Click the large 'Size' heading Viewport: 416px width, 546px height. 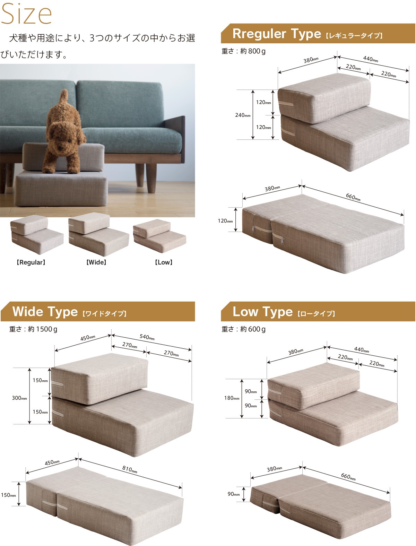tap(26, 14)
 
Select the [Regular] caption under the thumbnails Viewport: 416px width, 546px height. tap(31, 262)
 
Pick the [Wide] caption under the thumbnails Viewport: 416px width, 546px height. tap(96, 262)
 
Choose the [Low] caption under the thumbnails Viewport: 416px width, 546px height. tap(164, 262)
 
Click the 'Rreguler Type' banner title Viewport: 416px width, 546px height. tap(277, 34)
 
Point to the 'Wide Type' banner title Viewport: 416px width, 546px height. tap(45, 312)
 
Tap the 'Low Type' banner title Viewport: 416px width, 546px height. tap(262, 312)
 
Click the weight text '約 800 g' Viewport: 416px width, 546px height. tap(253, 51)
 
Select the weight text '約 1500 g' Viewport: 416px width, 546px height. tap(43, 329)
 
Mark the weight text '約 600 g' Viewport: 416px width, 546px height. tap(253, 329)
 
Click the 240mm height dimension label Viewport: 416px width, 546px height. tap(243, 115)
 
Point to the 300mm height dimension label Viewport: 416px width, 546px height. tap(19, 398)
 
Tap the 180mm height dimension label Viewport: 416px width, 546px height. tap(232, 398)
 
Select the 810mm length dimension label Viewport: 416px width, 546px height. tap(130, 469)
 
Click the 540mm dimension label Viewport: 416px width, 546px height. tap(147, 337)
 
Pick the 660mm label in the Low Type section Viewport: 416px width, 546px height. tap(348, 477)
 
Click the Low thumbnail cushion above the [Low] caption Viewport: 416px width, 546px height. tap(159, 236)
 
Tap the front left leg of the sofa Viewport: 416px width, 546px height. tap(151, 178)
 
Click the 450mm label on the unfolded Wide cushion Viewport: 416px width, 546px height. tap(52, 463)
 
